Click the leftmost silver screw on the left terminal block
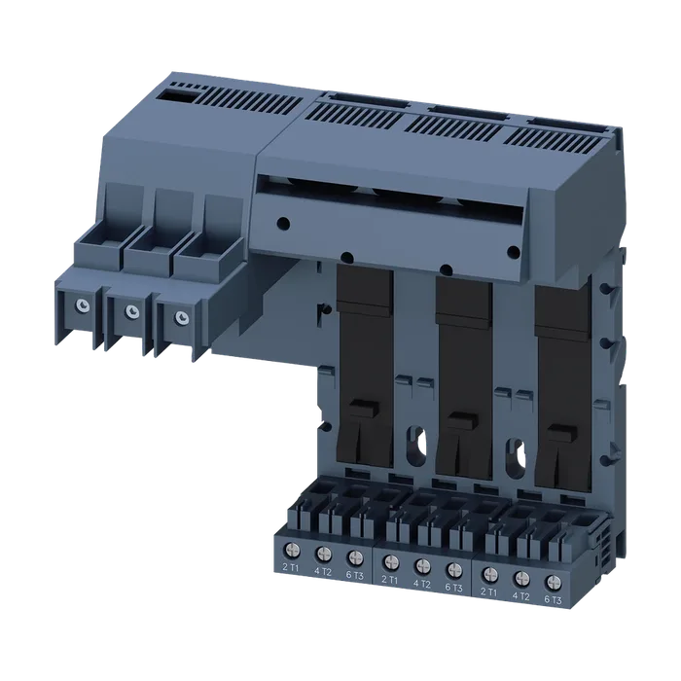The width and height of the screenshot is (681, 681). [82, 305]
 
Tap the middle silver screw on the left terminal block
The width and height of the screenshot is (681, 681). [131, 311]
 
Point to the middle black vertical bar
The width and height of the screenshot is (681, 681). [464, 378]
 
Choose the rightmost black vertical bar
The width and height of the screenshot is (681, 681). [563, 389]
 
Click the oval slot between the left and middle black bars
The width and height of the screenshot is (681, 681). [414, 445]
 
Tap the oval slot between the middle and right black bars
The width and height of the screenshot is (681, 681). [515, 457]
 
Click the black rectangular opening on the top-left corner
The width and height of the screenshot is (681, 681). [179, 95]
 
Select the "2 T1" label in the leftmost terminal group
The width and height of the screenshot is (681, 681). [291, 567]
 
